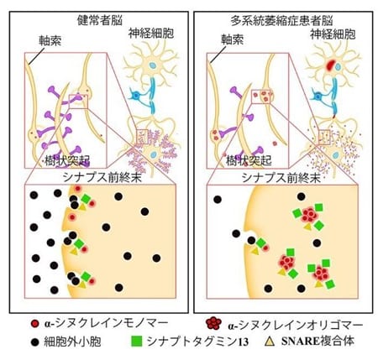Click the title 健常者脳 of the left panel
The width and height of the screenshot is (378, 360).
tap(100, 20)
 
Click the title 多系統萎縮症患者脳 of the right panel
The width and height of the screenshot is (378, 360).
tap(281, 21)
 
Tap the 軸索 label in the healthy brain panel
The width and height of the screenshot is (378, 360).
tap(50, 40)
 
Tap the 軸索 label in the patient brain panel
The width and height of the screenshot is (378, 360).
tap(232, 39)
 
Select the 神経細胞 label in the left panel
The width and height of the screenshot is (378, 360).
tap(151, 34)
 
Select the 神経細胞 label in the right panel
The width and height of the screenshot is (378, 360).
tap(333, 34)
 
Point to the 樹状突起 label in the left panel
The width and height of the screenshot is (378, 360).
tap(67, 160)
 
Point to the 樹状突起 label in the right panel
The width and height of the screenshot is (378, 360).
tap(249, 160)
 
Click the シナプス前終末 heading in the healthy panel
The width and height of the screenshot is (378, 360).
tap(102, 177)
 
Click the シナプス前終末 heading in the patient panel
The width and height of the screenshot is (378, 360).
tap(281, 177)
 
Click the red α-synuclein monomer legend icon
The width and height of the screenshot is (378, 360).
tap(34, 324)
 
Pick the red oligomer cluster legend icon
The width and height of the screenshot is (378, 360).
tap(213, 323)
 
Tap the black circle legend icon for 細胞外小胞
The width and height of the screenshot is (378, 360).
tap(34, 342)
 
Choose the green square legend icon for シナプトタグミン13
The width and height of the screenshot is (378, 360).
tap(137, 342)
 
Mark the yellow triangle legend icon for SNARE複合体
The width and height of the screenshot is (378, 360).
tap(270, 341)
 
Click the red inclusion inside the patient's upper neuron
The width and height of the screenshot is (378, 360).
tap(329, 65)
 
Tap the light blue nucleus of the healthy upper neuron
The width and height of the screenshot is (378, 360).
tap(152, 66)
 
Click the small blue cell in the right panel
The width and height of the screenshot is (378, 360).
tap(318, 97)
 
